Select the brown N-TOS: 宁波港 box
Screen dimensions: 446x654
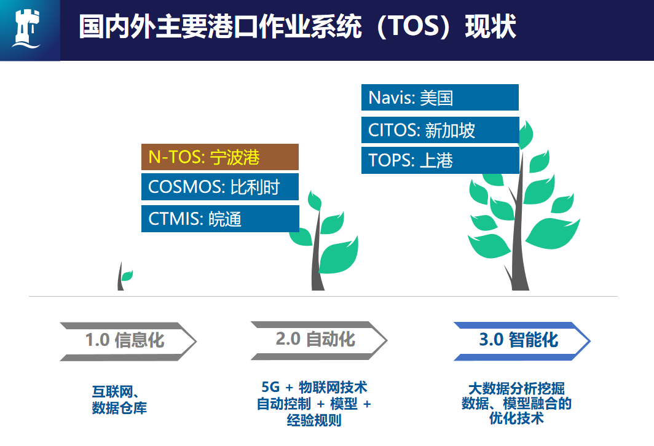tap(219, 157)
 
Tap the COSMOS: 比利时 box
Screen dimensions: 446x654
tap(219, 187)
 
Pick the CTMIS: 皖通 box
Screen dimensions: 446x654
tap(219, 218)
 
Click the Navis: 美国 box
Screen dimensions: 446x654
tap(439, 98)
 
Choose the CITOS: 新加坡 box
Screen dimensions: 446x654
tap(439, 130)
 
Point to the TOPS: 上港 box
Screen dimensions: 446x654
tap(439, 160)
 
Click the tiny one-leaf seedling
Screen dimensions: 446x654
tap(124, 278)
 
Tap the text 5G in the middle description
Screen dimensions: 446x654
tap(270, 388)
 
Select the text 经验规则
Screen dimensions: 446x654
tap(314, 421)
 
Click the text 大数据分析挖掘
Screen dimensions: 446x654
tap(516, 388)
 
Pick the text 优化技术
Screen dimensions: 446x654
tap(516, 419)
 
